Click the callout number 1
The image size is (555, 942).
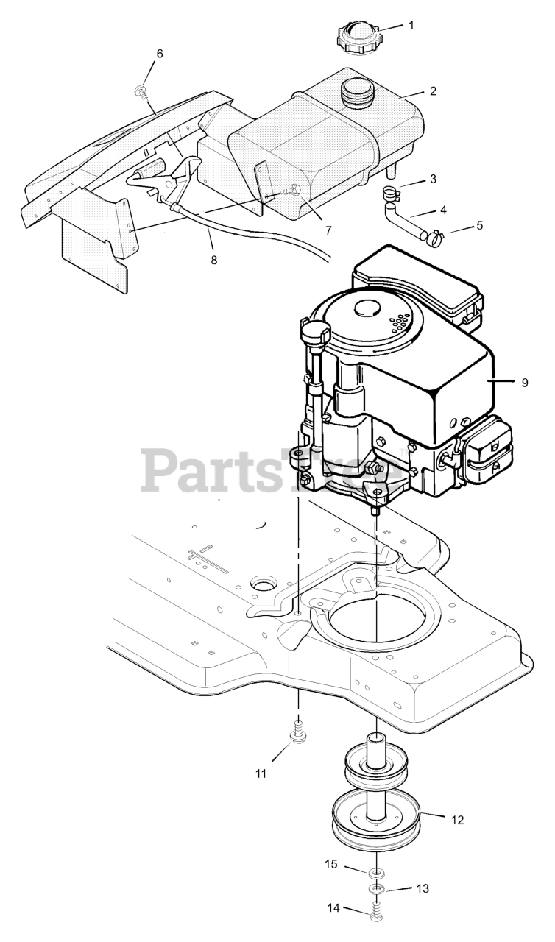click(x=411, y=25)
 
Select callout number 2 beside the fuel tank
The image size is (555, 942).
click(x=433, y=92)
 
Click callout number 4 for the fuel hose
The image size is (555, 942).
click(x=443, y=210)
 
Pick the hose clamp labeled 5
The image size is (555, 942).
click(x=434, y=237)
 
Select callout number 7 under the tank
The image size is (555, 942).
click(x=328, y=230)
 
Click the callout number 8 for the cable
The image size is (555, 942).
click(x=213, y=260)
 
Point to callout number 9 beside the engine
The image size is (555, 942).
click(x=524, y=382)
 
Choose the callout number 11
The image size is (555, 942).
click(x=261, y=773)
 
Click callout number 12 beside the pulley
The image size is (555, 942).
click(x=457, y=819)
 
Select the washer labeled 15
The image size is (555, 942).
click(x=376, y=873)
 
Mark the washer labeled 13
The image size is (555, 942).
click(x=376, y=889)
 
